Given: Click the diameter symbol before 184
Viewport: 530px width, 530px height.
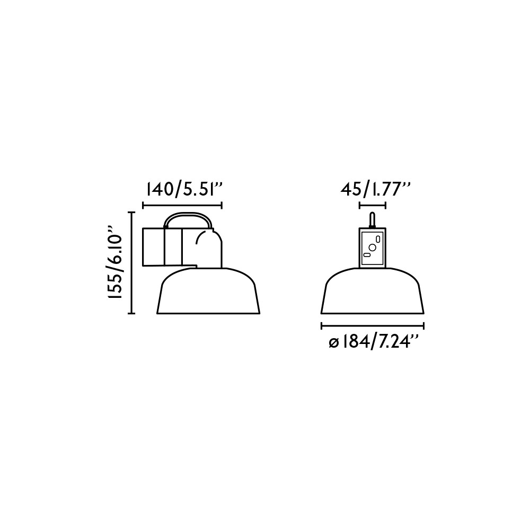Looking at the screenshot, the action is pos(333,344).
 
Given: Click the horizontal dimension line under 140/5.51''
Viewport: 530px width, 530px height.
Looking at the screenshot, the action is pos(182,205).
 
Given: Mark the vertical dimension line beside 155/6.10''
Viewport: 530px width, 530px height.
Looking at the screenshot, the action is pos(132,263).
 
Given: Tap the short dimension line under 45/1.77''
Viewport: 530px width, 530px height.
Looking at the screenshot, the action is pos(373,205).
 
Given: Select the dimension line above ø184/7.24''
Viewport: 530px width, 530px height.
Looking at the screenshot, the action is pos(372,326).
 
